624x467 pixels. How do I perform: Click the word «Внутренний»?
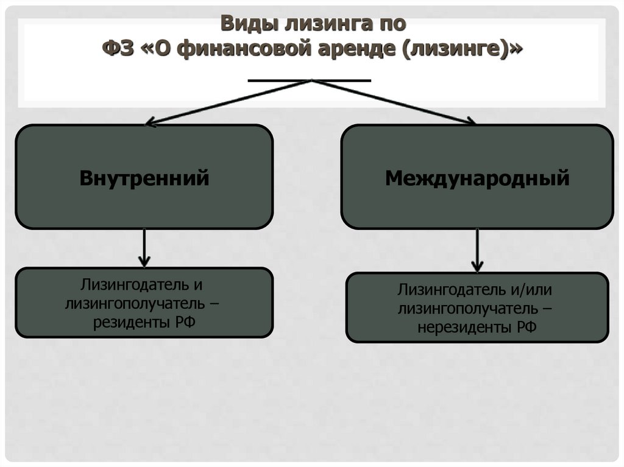coord(144,178)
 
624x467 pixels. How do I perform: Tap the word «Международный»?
coord(477,178)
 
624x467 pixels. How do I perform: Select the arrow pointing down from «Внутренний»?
coord(144,248)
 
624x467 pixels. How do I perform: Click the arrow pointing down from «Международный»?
coord(478,250)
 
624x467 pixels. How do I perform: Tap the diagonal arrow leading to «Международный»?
coord(394,102)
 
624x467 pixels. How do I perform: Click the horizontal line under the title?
coord(310,80)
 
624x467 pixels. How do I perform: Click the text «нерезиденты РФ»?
coord(477,328)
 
